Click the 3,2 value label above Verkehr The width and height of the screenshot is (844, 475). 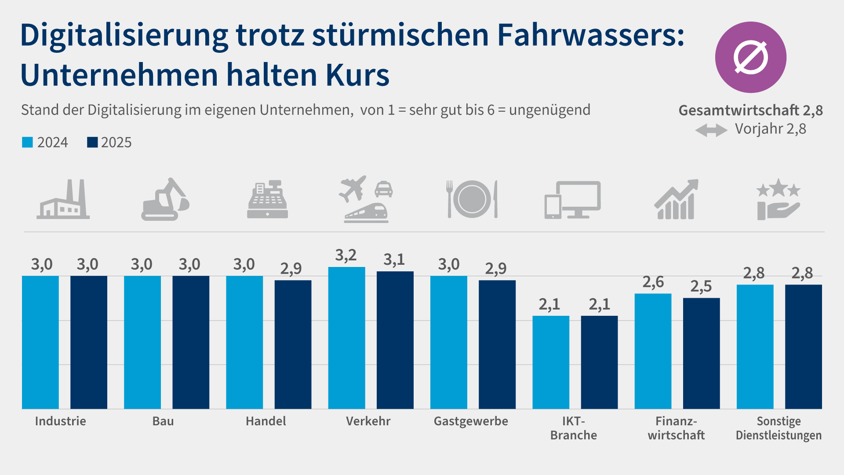(346, 256)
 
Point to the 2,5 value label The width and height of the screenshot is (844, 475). (701, 287)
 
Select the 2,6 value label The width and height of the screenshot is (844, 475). (653, 282)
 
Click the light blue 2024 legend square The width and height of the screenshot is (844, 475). (27, 142)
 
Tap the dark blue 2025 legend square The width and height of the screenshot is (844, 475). (92, 142)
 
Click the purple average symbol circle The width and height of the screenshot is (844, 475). (750, 57)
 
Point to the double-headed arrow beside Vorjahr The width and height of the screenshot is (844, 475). (711, 130)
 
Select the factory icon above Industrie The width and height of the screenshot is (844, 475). (63, 200)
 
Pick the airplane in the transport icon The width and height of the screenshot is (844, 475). (353, 188)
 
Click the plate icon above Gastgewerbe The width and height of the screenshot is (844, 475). (472, 199)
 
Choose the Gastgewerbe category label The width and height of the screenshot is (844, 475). (471, 421)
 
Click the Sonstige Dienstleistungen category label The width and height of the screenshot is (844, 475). (779, 428)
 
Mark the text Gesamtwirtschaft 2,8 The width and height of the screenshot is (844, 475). (750, 110)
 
